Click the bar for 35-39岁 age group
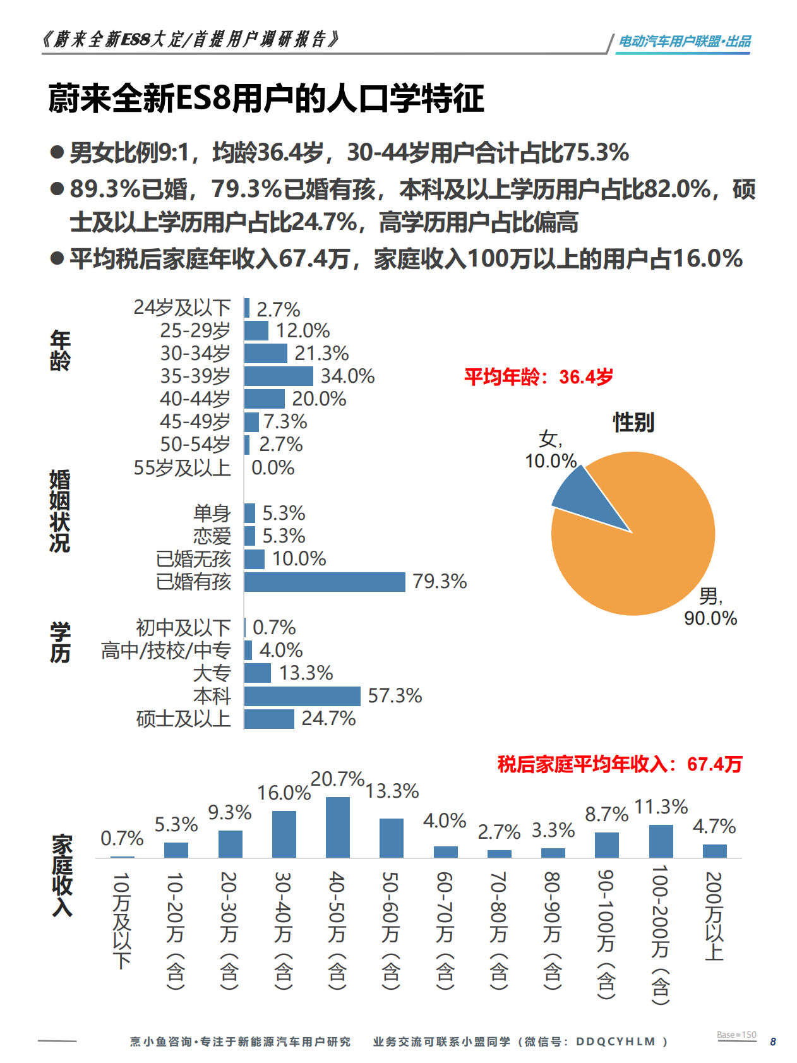point(278,376)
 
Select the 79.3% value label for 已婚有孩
point(440,581)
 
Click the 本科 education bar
point(302,696)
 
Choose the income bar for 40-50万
point(337,827)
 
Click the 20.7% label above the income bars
point(337,779)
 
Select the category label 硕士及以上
point(183,719)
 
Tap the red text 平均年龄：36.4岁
point(539,377)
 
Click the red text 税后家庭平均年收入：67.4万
point(620,764)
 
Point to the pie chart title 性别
point(633,422)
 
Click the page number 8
point(773,1042)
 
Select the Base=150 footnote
point(736,1035)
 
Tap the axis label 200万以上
point(714,916)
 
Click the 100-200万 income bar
point(661,841)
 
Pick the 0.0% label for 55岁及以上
point(273,468)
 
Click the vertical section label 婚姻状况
point(60,511)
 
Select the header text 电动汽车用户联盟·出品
point(684,42)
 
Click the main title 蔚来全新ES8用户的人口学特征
point(266,99)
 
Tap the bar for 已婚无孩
point(255,559)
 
